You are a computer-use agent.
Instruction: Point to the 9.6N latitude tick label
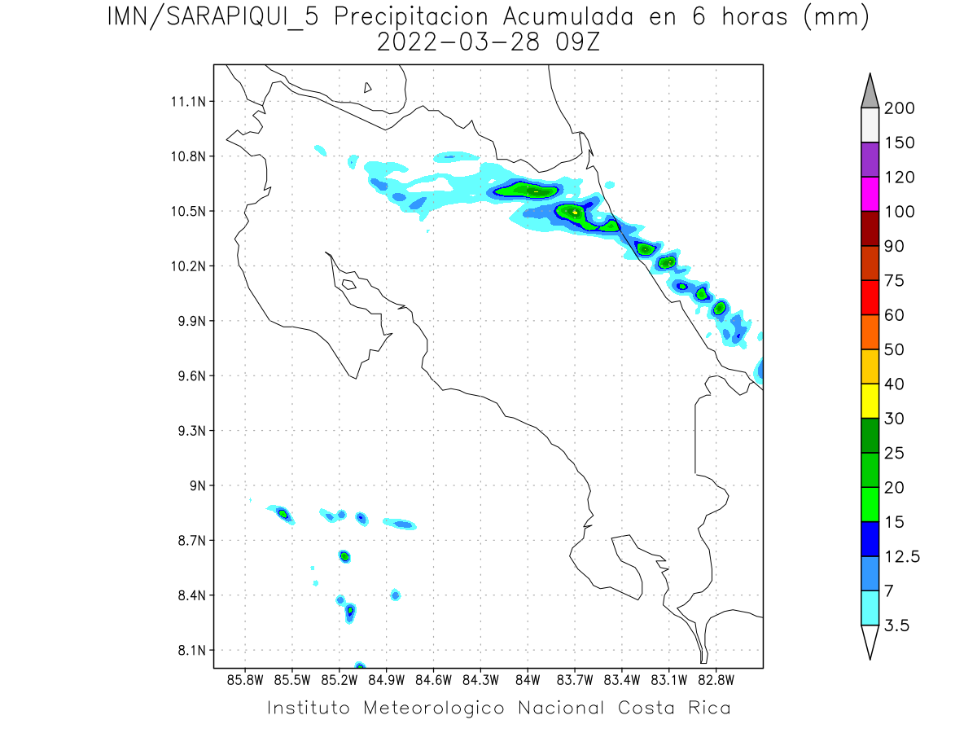click(x=190, y=376)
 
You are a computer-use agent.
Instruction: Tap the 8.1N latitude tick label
click(x=190, y=651)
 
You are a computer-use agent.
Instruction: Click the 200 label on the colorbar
click(x=899, y=108)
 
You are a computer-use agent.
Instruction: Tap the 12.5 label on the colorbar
click(x=902, y=556)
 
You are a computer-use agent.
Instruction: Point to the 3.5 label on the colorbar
click(x=896, y=625)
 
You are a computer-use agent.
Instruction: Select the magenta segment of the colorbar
click(x=870, y=194)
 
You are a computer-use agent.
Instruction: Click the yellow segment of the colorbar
click(x=870, y=401)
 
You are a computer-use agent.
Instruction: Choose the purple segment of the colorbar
click(x=870, y=160)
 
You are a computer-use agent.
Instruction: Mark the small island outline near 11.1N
click(x=368, y=88)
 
